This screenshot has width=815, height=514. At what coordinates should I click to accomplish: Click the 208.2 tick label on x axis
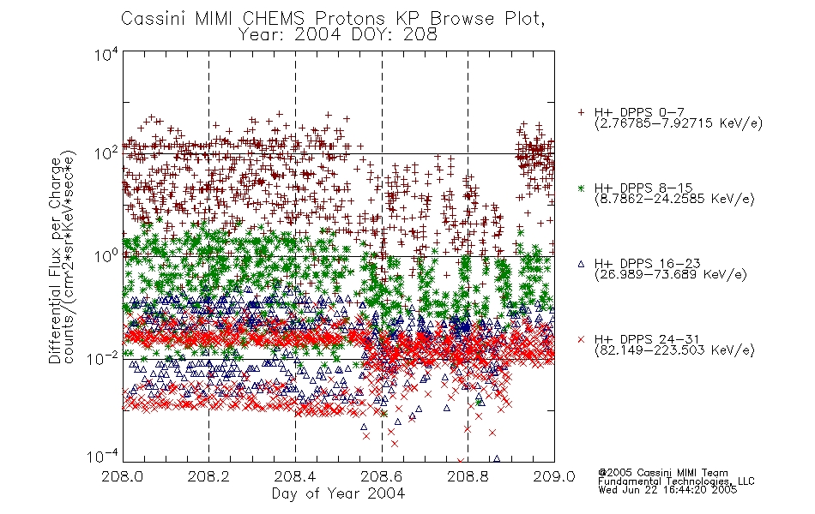208,476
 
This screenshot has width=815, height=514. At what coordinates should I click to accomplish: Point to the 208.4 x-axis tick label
295,476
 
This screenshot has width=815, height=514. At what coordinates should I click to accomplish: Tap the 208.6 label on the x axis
381,476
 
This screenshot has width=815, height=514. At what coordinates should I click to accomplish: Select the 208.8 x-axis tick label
468,476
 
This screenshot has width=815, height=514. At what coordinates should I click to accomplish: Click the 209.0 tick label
554,476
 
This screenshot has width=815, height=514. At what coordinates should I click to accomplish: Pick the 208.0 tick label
122,476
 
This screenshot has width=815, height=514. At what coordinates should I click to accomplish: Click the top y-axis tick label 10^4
106,55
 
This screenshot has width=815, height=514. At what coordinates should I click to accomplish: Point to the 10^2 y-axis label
106,153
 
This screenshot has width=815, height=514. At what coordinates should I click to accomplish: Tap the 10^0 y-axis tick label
106,256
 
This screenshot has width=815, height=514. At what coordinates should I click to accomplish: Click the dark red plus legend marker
581,112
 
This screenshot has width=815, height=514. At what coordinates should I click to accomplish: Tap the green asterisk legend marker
581,188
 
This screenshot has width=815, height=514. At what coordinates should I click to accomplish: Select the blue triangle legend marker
581,264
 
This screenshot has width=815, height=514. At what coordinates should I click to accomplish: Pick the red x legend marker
581,339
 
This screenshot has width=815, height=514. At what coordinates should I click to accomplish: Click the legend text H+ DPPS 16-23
647,264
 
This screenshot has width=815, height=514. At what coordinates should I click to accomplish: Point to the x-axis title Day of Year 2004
338,493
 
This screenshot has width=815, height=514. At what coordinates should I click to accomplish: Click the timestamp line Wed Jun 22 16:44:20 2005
667,489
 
